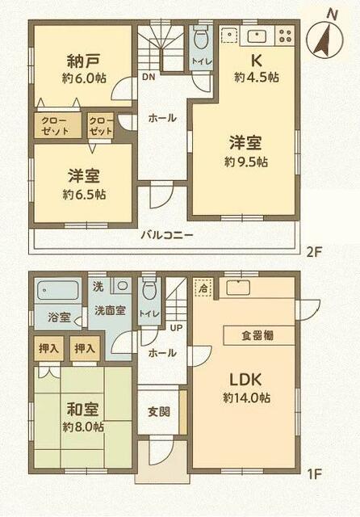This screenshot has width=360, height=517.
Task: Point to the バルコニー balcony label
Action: pos(166,235)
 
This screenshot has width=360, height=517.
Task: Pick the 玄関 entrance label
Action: pos(158,411)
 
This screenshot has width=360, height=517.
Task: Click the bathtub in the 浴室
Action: pos(57,290)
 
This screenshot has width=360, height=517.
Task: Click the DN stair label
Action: pos(148,78)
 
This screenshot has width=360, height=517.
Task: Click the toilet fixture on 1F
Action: pos(149,290)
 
